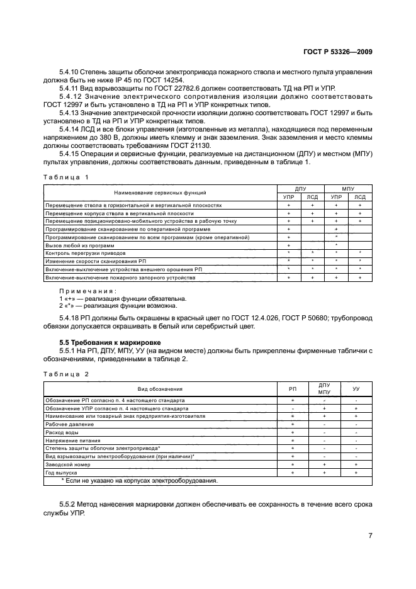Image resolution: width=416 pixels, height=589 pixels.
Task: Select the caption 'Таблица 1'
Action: click(x=66, y=177)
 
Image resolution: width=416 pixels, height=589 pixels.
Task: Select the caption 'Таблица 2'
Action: click(x=66, y=374)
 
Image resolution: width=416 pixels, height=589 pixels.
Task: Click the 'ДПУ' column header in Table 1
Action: click(x=300, y=188)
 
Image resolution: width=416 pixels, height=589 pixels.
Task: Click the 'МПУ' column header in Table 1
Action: click(x=348, y=188)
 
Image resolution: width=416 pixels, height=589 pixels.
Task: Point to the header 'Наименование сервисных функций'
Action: click(x=160, y=192)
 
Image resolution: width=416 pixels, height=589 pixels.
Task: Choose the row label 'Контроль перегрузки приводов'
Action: click(x=86, y=252)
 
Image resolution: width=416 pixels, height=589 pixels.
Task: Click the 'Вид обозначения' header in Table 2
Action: click(x=160, y=390)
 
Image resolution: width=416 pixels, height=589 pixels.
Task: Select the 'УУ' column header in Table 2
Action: click(x=356, y=390)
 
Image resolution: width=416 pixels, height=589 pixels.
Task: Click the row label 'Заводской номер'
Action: click(x=67, y=464)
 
